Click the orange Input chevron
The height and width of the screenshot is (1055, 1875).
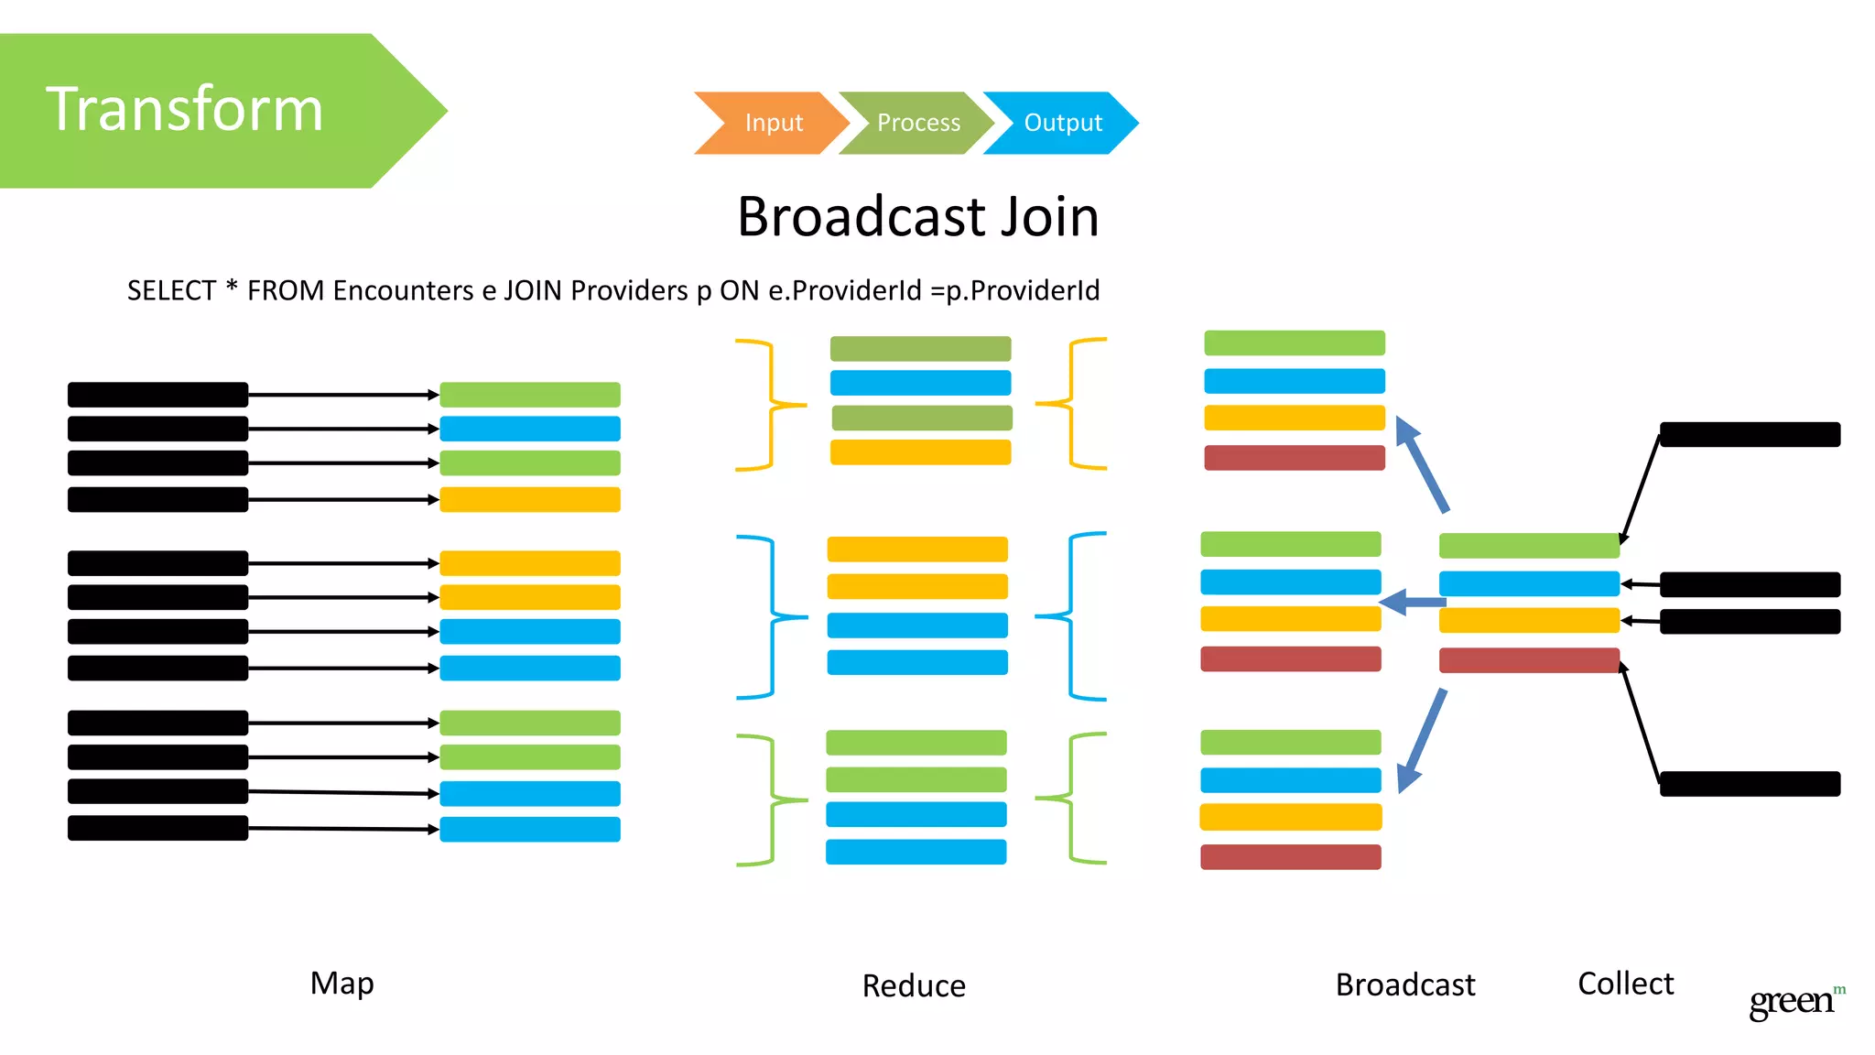(772, 123)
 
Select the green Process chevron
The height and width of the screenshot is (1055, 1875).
(917, 123)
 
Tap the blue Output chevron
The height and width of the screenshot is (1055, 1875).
(1062, 123)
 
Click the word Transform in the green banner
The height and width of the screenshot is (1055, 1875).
(185, 110)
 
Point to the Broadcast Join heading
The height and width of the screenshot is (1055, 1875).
(917, 217)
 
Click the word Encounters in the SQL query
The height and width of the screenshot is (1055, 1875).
(403, 290)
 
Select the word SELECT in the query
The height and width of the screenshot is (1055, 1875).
(171, 290)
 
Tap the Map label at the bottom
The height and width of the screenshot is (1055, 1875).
(341, 984)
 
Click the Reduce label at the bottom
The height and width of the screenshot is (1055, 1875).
(914, 986)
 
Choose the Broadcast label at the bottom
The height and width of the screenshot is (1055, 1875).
(1405, 985)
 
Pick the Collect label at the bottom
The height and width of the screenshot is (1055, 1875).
(1625, 984)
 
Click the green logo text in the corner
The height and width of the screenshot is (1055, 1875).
(1793, 1001)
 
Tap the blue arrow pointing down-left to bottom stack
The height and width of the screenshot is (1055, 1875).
(1422, 741)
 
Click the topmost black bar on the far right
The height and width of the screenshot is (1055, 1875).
(1750, 434)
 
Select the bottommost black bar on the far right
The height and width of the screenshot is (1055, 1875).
(1750, 784)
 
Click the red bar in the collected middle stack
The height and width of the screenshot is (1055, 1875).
(1529, 660)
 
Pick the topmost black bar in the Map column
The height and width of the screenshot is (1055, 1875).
(157, 395)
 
